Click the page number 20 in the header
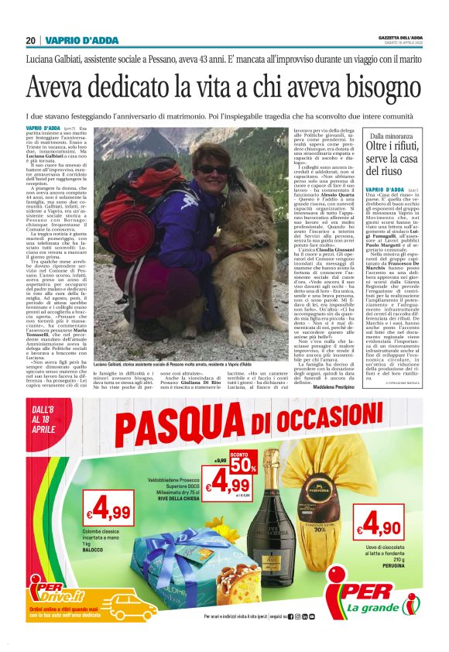click(x=30, y=40)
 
